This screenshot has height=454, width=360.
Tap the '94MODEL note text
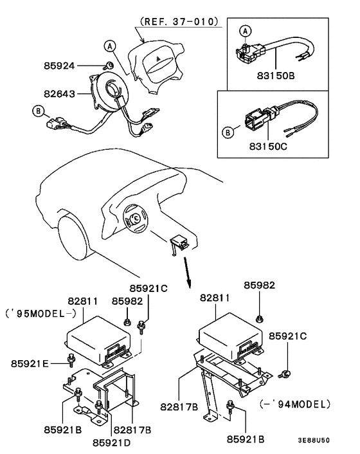[x=296, y=404]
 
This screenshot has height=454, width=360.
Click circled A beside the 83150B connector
[x=244, y=30]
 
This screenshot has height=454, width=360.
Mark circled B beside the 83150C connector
[x=227, y=134]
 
